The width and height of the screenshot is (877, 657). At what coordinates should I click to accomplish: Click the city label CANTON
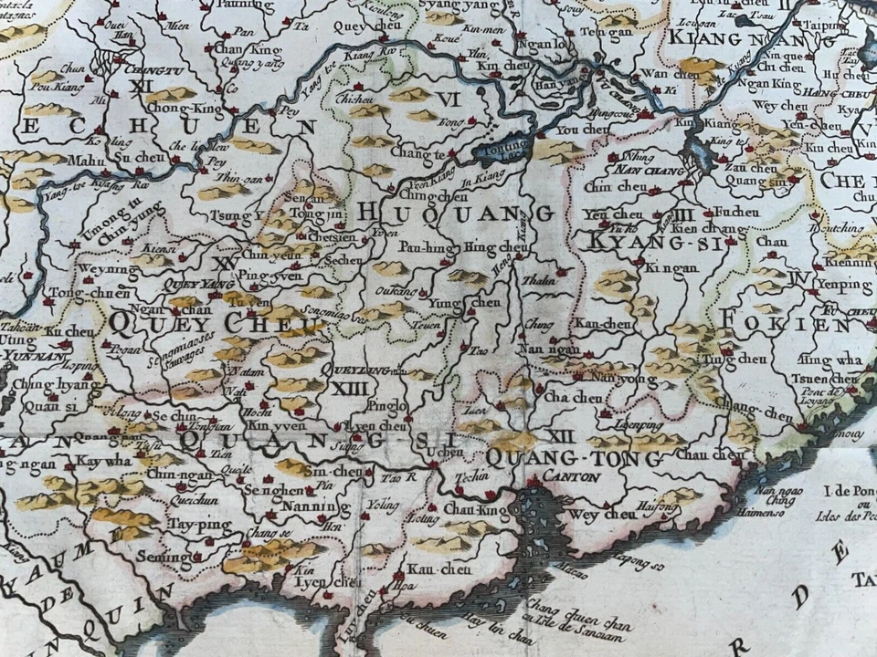pos(572,476)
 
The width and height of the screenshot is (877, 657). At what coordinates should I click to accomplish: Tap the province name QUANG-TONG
pos(576,458)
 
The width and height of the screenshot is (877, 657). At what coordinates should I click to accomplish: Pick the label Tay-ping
pos(191,525)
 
